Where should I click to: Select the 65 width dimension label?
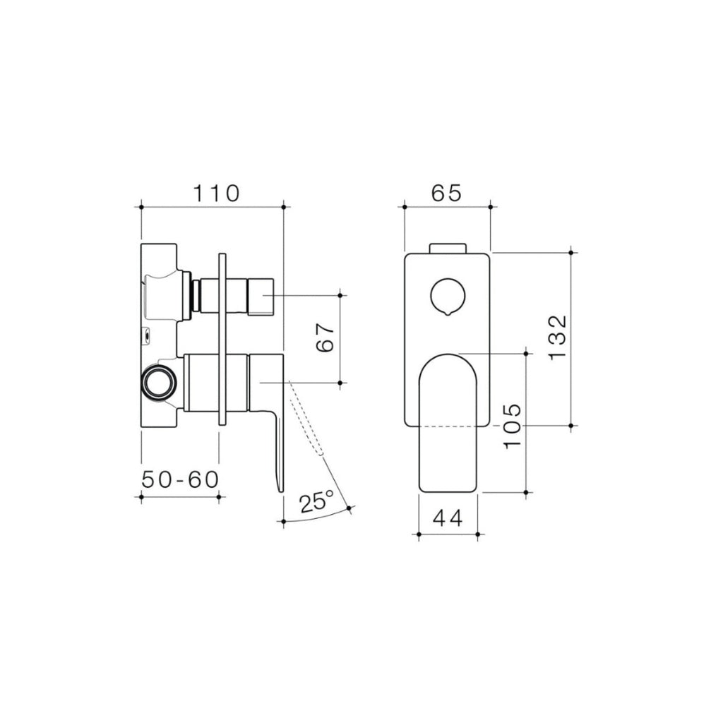click(x=446, y=193)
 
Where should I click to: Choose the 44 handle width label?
click(x=448, y=519)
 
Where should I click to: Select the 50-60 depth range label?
click(x=180, y=480)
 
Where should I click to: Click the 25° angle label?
click(x=316, y=503)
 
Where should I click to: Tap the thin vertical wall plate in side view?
click(x=223, y=339)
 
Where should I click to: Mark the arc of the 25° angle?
click(x=318, y=518)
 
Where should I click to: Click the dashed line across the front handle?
click(x=448, y=426)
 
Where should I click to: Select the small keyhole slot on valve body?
click(x=147, y=336)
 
